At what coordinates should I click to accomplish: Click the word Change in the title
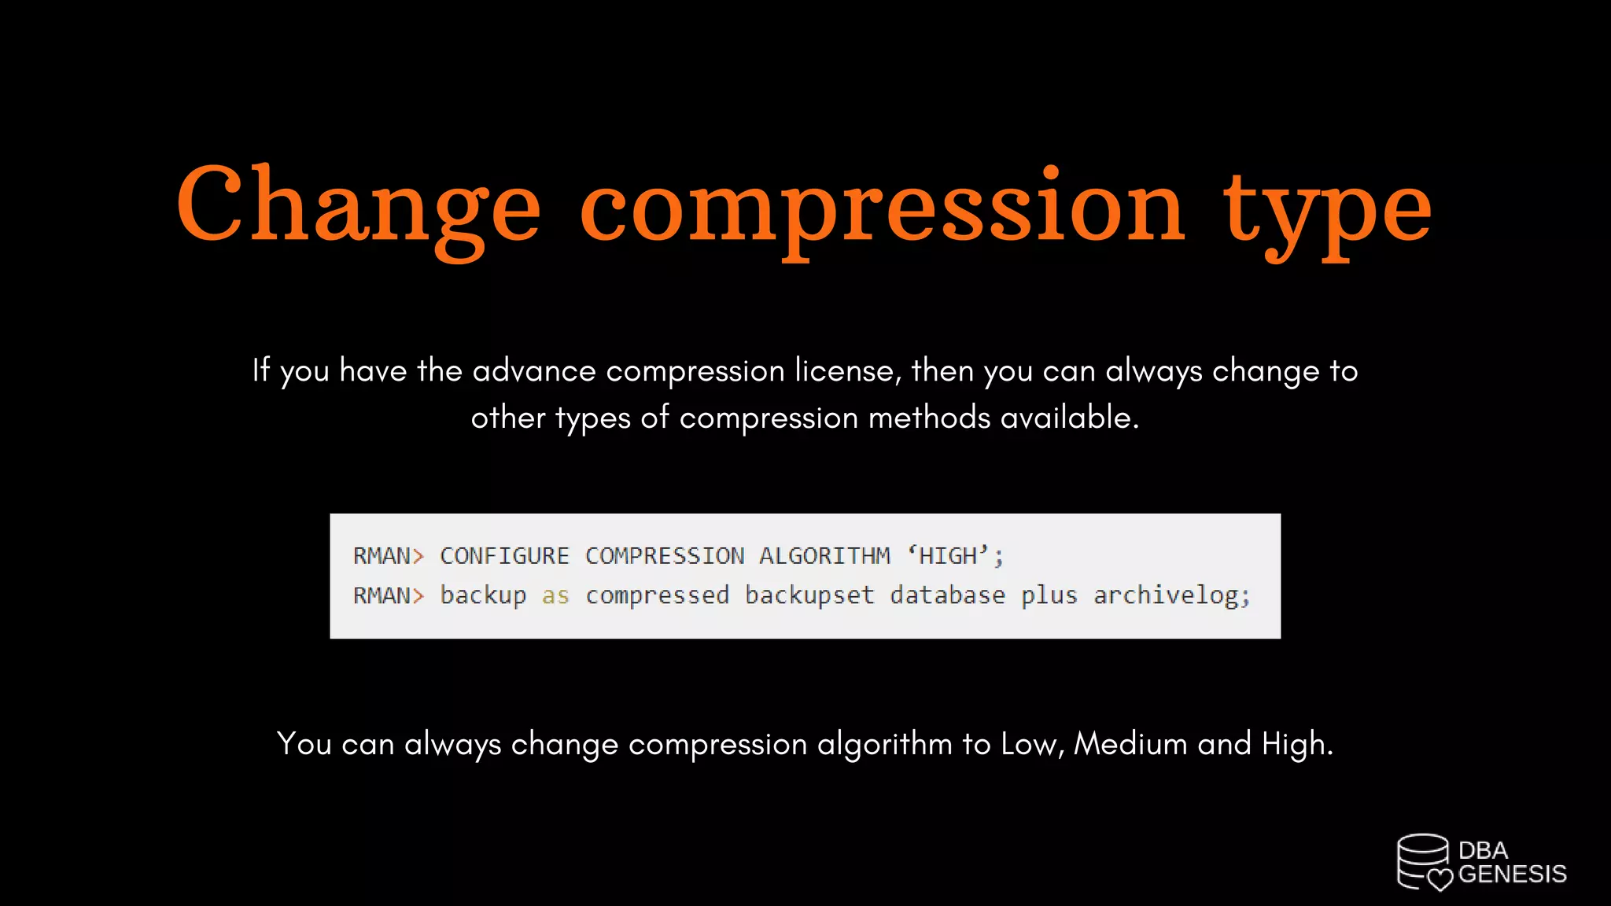click(358, 206)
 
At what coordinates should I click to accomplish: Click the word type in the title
click(1327, 208)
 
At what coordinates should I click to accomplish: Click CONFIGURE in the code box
click(503, 556)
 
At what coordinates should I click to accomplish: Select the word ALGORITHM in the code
click(824, 556)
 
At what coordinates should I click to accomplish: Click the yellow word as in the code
click(555, 596)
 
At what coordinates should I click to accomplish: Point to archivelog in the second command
click(1170, 596)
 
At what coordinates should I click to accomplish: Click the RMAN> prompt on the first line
click(388, 556)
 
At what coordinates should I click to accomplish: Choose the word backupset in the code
click(809, 596)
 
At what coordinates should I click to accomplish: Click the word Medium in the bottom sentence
click(1130, 743)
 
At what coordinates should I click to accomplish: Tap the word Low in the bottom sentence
click(1030, 743)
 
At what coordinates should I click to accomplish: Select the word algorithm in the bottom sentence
click(884, 744)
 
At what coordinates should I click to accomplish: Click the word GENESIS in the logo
click(1512, 875)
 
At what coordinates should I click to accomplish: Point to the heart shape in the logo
click(1440, 879)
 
